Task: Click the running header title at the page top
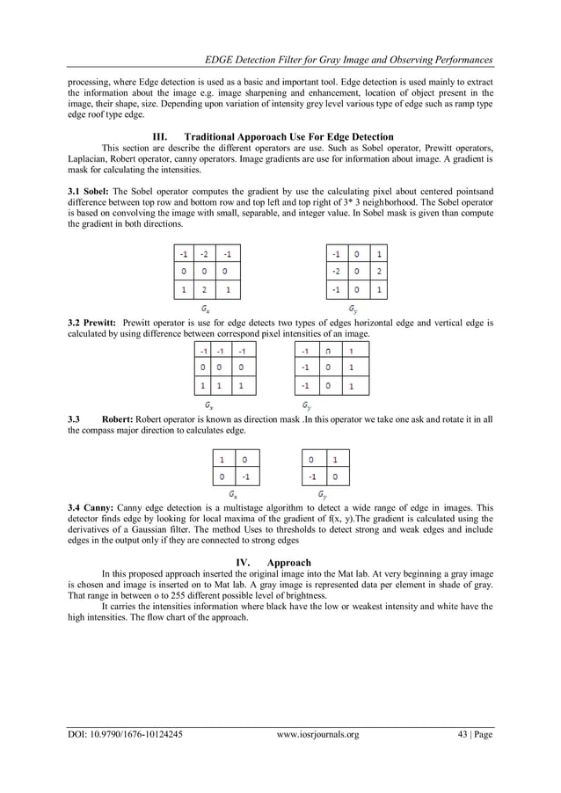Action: point(347,59)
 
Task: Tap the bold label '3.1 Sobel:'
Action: point(89,191)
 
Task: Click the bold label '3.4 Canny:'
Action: point(90,508)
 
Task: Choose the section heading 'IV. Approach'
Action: point(280,562)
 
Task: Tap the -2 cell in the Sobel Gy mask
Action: point(337,273)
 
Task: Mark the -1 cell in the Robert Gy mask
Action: point(310,477)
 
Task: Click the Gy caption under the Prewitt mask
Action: point(305,405)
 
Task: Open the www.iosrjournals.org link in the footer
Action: point(317,735)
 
